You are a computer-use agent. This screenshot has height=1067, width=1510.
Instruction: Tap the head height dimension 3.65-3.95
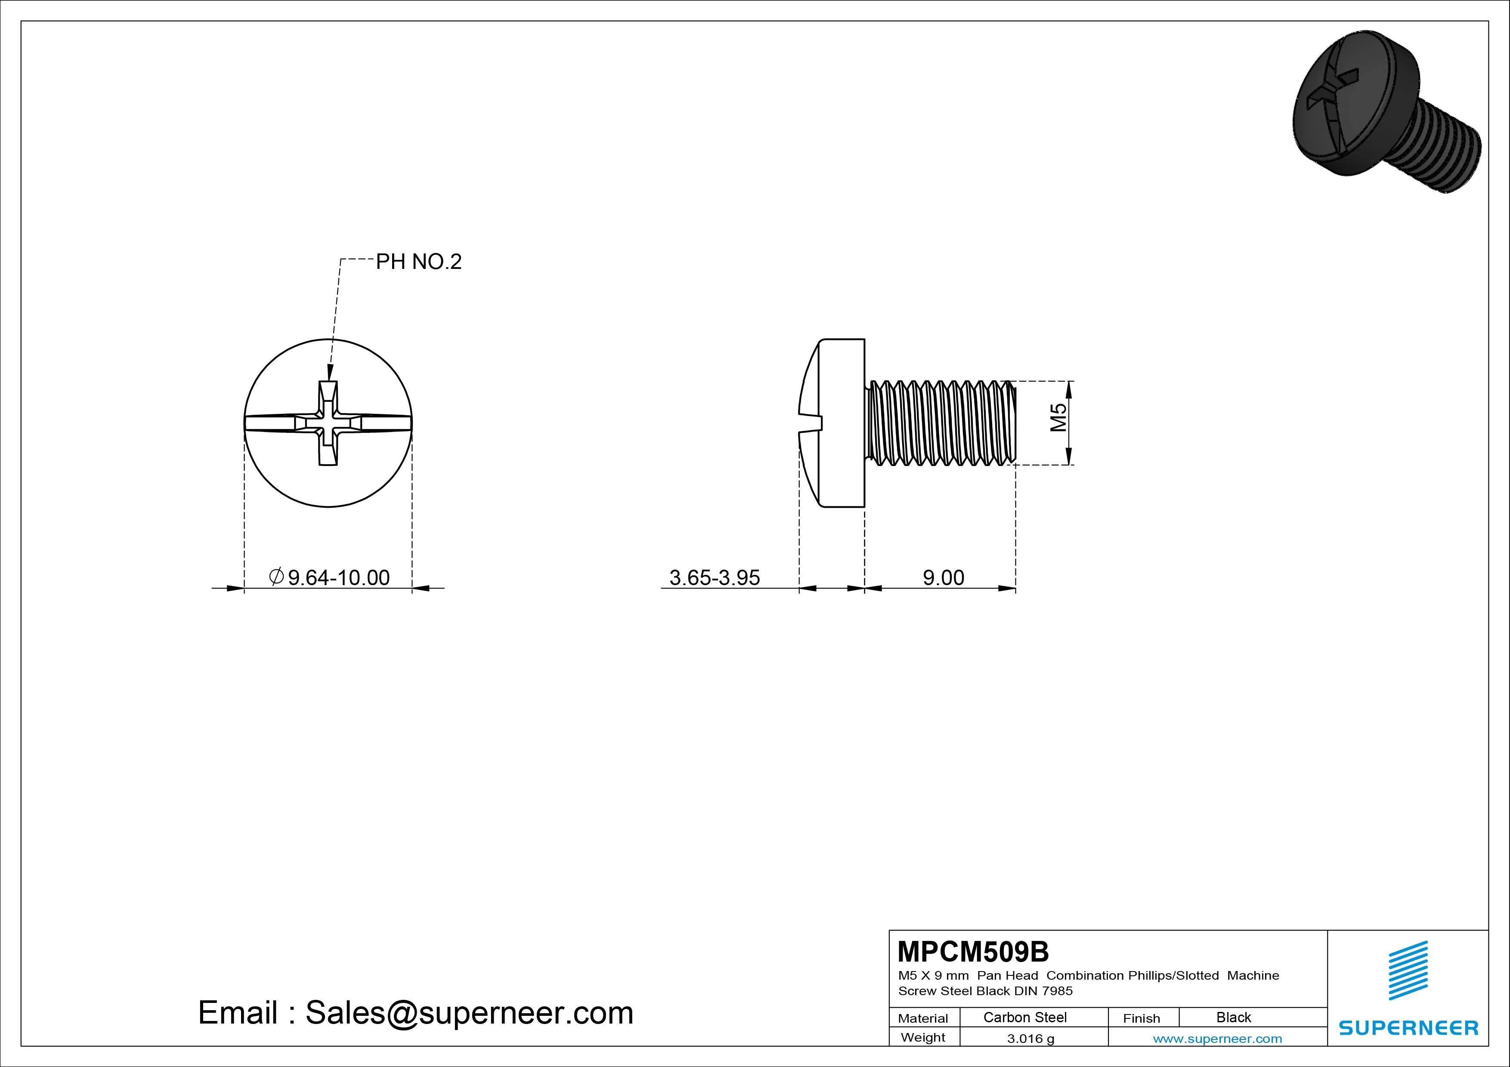(714, 577)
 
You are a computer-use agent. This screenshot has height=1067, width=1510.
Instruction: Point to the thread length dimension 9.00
(943, 577)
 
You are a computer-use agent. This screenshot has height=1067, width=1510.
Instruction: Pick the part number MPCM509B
(973, 951)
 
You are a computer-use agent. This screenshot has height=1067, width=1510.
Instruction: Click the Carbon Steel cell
(1024, 1017)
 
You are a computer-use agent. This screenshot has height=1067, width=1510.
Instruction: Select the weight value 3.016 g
(1030, 1039)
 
